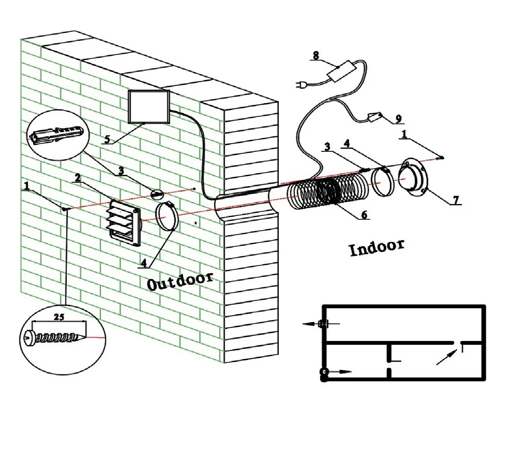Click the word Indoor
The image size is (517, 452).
(x=377, y=247)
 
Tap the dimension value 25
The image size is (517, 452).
(x=59, y=317)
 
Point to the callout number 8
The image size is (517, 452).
(x=316, y=55)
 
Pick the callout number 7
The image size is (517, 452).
(x=456, y=200)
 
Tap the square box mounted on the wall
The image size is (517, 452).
(x=149, y=107)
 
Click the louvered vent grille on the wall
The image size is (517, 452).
(x=124, y=224)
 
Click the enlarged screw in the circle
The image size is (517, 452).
(x=56, y=337)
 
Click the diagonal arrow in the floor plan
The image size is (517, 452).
(x=446, y=357)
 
